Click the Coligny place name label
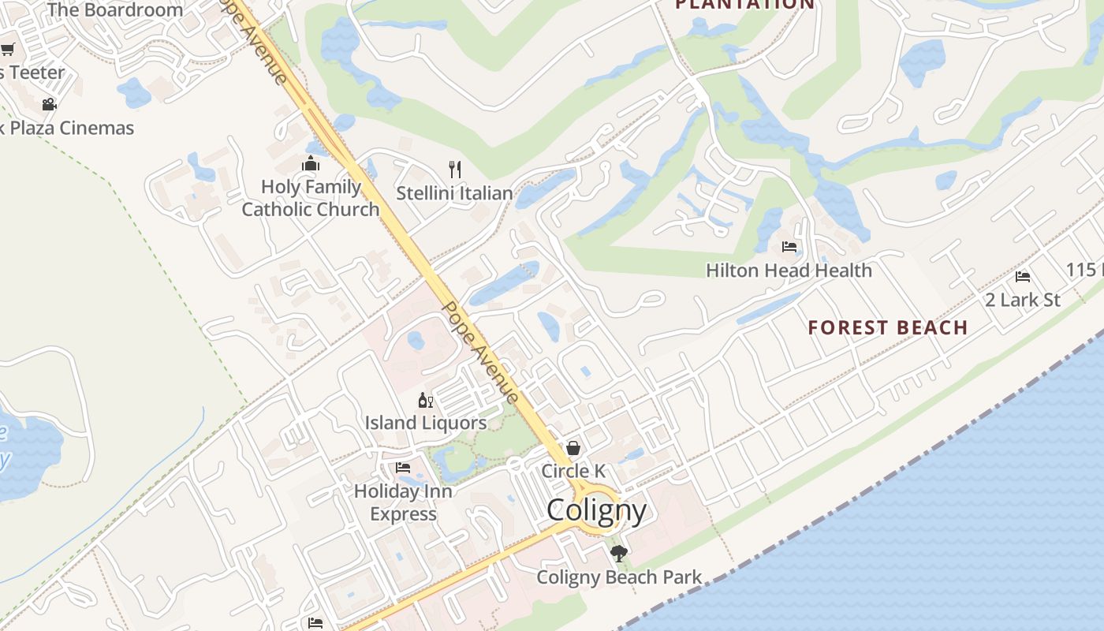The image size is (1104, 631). point(597,510)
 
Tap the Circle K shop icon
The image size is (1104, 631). point(573,448)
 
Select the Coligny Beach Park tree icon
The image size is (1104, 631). point(619,554)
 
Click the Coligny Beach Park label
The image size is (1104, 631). point(619,577)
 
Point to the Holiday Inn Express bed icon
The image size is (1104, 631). point(403,468)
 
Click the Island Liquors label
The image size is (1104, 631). point(426,423)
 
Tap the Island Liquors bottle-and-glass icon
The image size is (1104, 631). point(426,401)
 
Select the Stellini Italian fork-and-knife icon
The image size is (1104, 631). point(454,170)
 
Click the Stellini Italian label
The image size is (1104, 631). point(454,193)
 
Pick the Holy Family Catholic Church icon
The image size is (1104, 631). point(311,164)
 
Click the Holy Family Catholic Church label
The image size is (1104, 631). point(311,198)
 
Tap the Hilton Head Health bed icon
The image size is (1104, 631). point(789,247)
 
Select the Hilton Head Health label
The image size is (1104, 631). point(789,271)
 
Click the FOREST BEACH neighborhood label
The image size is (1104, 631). point(888,327)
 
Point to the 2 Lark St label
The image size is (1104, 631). point(1023,300)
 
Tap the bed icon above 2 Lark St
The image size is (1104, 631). point(1023,277)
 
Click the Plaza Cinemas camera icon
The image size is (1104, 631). point(49,104)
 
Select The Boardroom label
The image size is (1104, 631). point(115,10)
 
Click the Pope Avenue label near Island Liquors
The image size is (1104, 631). point(480,352)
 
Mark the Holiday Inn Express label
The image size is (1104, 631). point(403,502)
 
